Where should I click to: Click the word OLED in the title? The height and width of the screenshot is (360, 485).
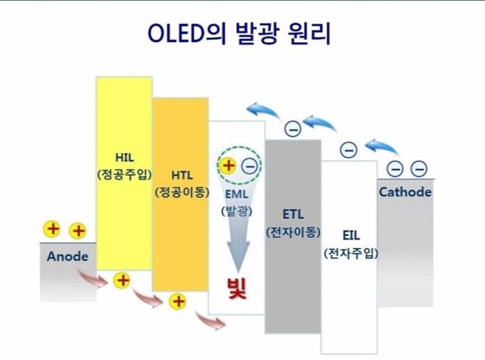(x=175, y=33)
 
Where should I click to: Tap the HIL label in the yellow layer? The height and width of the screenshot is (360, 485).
(x=124, y=156)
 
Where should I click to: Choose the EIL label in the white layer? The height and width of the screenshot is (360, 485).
(x=350, y=234)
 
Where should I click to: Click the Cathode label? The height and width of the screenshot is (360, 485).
(x=405, y=192)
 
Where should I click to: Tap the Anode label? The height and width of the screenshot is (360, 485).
(x=67, y=256)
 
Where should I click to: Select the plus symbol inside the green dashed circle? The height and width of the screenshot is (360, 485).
(x=228, y=166)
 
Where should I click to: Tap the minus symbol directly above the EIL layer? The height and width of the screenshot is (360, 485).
(x=349, y=150)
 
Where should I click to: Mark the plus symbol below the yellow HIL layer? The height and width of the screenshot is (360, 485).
(x=123, y=280)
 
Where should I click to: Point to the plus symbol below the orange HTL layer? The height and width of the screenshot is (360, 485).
(x=179, y=300)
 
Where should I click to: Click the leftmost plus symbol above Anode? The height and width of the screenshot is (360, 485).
(x=53, y=229)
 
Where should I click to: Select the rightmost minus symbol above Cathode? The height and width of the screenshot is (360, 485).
(x=419, y=168)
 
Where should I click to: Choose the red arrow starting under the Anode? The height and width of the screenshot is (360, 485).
(x=92, y=278)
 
